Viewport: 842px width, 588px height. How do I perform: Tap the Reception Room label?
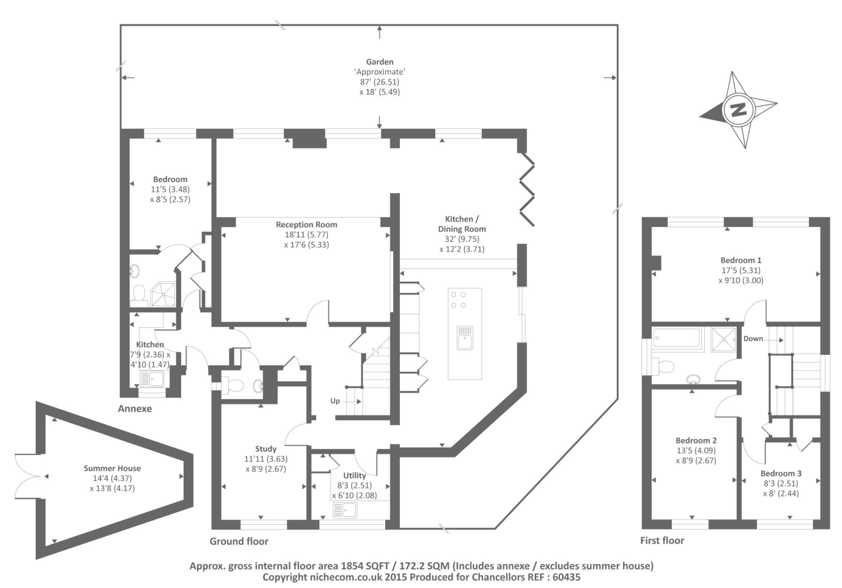pos(306,224)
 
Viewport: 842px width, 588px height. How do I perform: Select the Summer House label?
pos(112,468)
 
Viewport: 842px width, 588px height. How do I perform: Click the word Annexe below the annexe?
pos(135,408)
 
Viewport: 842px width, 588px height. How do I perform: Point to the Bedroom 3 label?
pos(781,473)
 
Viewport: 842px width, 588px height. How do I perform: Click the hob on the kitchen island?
pos(458,300)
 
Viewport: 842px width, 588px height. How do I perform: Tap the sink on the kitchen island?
pos(465,337)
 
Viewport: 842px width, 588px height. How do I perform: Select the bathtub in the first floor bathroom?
pos(677,337)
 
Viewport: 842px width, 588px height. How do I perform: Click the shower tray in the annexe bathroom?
pos(163,294)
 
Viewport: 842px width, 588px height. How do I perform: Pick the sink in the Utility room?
pos(345,510)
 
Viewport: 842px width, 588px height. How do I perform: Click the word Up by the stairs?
pos(335,401)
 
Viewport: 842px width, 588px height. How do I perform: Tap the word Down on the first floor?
pos(753,338)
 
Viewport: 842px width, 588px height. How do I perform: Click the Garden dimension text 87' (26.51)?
pos(379,82)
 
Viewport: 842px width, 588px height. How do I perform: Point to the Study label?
pos(266,449)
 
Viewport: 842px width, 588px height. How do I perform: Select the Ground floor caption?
pos(239,541)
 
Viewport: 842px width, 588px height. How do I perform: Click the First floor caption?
pos(662,541)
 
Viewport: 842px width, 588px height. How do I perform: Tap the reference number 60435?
pos(566,577)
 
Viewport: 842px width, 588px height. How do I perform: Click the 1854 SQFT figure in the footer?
pos(360,566)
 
